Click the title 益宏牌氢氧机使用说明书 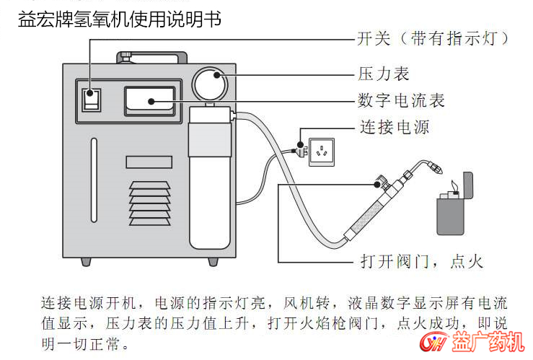pos(120,19)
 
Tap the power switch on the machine pos(90,100)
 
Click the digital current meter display pos(149,101)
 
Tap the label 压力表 pos(384,74)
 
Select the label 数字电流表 pos(401,100)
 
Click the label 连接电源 pos(395,128)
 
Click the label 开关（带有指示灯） pos(436,38)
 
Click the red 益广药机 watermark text pos(488,341)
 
